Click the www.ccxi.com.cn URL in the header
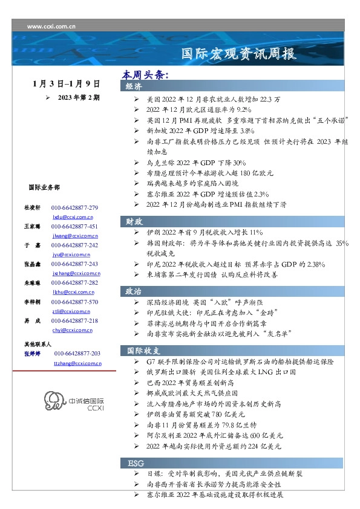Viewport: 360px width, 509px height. (51, 27)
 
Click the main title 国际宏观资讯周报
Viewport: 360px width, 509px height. (240, 54)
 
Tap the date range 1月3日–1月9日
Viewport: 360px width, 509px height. (67, 83)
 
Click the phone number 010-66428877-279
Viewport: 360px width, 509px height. (74, 207)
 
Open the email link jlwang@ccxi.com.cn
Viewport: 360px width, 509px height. (73, 235)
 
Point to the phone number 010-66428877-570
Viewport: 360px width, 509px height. (74, 302)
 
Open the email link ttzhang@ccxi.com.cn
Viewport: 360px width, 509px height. (77, 363)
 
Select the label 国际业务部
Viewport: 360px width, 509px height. (44, 188)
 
